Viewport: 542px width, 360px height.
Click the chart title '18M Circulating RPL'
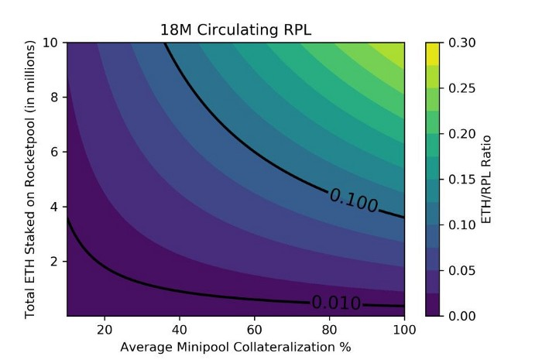(236, 30)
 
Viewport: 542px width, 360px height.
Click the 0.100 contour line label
(354, 200)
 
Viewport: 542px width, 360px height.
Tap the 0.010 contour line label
(336, 302)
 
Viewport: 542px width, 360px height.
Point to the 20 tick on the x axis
(105, 327)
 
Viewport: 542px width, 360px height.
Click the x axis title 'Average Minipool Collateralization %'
(236, 346)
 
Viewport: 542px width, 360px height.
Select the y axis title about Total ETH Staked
(31, 179)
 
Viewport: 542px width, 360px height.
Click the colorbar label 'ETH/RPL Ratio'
(486, 179)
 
